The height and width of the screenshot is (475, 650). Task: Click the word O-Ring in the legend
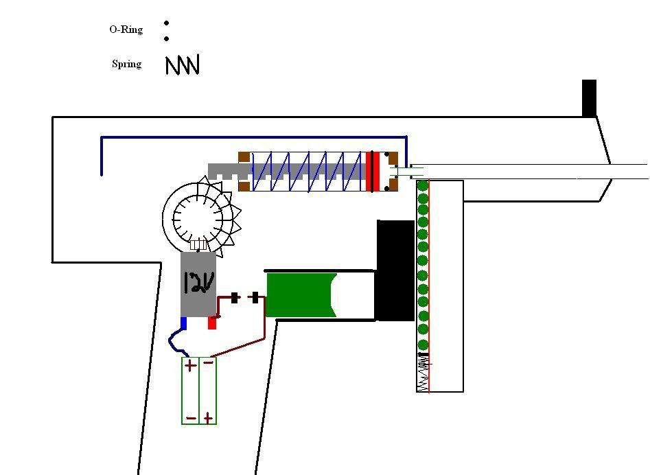126,30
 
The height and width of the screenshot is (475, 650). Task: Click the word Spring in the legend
127,64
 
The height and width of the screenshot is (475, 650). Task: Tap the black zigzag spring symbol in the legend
183,65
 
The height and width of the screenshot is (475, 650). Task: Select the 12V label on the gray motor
199,283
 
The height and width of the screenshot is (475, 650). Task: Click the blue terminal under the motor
184,323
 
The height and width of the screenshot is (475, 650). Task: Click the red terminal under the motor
212,323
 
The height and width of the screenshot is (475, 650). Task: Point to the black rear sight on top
589,98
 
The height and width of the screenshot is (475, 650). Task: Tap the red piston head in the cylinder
373,172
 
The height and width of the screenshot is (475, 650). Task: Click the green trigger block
301,294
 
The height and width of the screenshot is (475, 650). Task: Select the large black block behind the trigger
395,270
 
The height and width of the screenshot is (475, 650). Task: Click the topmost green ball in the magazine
422,186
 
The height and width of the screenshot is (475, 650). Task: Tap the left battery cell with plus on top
190,391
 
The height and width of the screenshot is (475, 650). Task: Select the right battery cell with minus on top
208,391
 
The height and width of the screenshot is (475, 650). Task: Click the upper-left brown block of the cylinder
244,158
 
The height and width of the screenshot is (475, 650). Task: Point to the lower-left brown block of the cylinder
244,186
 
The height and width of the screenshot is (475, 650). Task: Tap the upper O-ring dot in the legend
166,23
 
